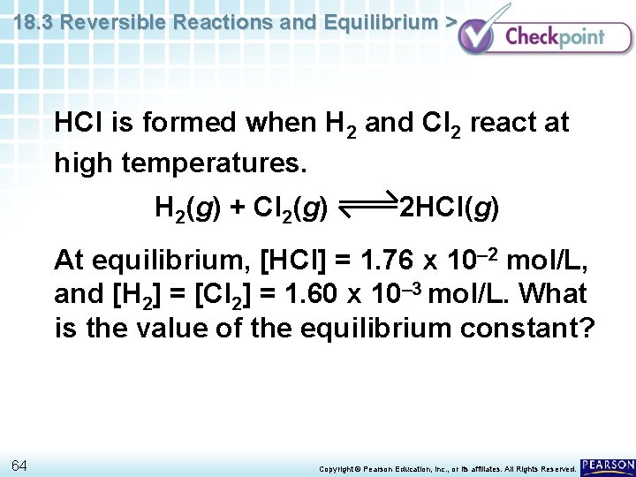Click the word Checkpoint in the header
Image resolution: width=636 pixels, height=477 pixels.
[x=555, y=36]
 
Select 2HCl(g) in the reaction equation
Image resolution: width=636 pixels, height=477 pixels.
[x=449, y=209]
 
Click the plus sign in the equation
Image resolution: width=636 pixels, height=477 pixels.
[x=236, y=209]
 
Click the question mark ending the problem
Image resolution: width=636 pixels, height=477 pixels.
[x=588, y=329]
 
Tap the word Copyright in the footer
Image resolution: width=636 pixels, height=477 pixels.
[x=337, y=468]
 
